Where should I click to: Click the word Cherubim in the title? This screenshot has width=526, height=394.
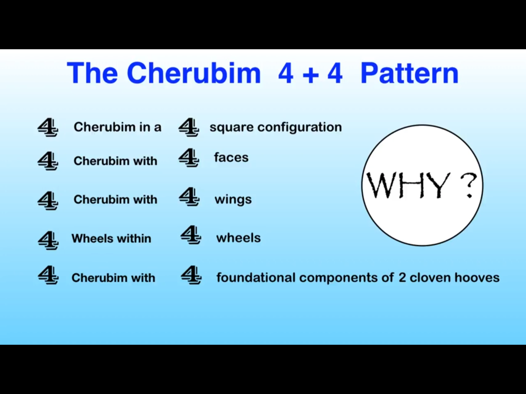click(194, 73)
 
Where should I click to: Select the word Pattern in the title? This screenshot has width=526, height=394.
click(410, 73)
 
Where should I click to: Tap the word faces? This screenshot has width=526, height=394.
click(231, 157)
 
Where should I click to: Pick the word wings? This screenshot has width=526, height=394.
click(233, 200)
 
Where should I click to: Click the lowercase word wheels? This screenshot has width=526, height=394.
click(239, 238)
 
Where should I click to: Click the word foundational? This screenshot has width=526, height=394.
click(256, 278)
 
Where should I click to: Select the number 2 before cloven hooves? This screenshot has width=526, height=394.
click(402, 278)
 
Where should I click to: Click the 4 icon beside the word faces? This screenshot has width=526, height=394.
click(189, 157)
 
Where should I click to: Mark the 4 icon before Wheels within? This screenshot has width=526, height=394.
click(48, 240)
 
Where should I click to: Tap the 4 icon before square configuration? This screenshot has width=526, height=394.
click(189, 127)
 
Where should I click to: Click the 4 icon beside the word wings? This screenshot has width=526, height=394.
click(189, 196)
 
